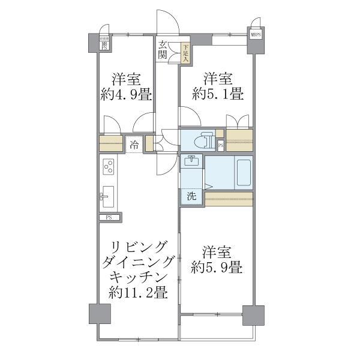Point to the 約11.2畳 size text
point(138,293)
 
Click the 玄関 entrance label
point(163,50)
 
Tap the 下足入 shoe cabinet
point(186,53)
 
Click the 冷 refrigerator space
point(134,145)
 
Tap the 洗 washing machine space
point(191,196)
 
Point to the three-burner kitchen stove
point(109,166)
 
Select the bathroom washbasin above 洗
point(191,162)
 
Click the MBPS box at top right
point(256,35)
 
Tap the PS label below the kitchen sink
point(109,217)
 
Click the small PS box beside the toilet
point(220,145)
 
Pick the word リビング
point(138,247)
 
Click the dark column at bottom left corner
point(100,314)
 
